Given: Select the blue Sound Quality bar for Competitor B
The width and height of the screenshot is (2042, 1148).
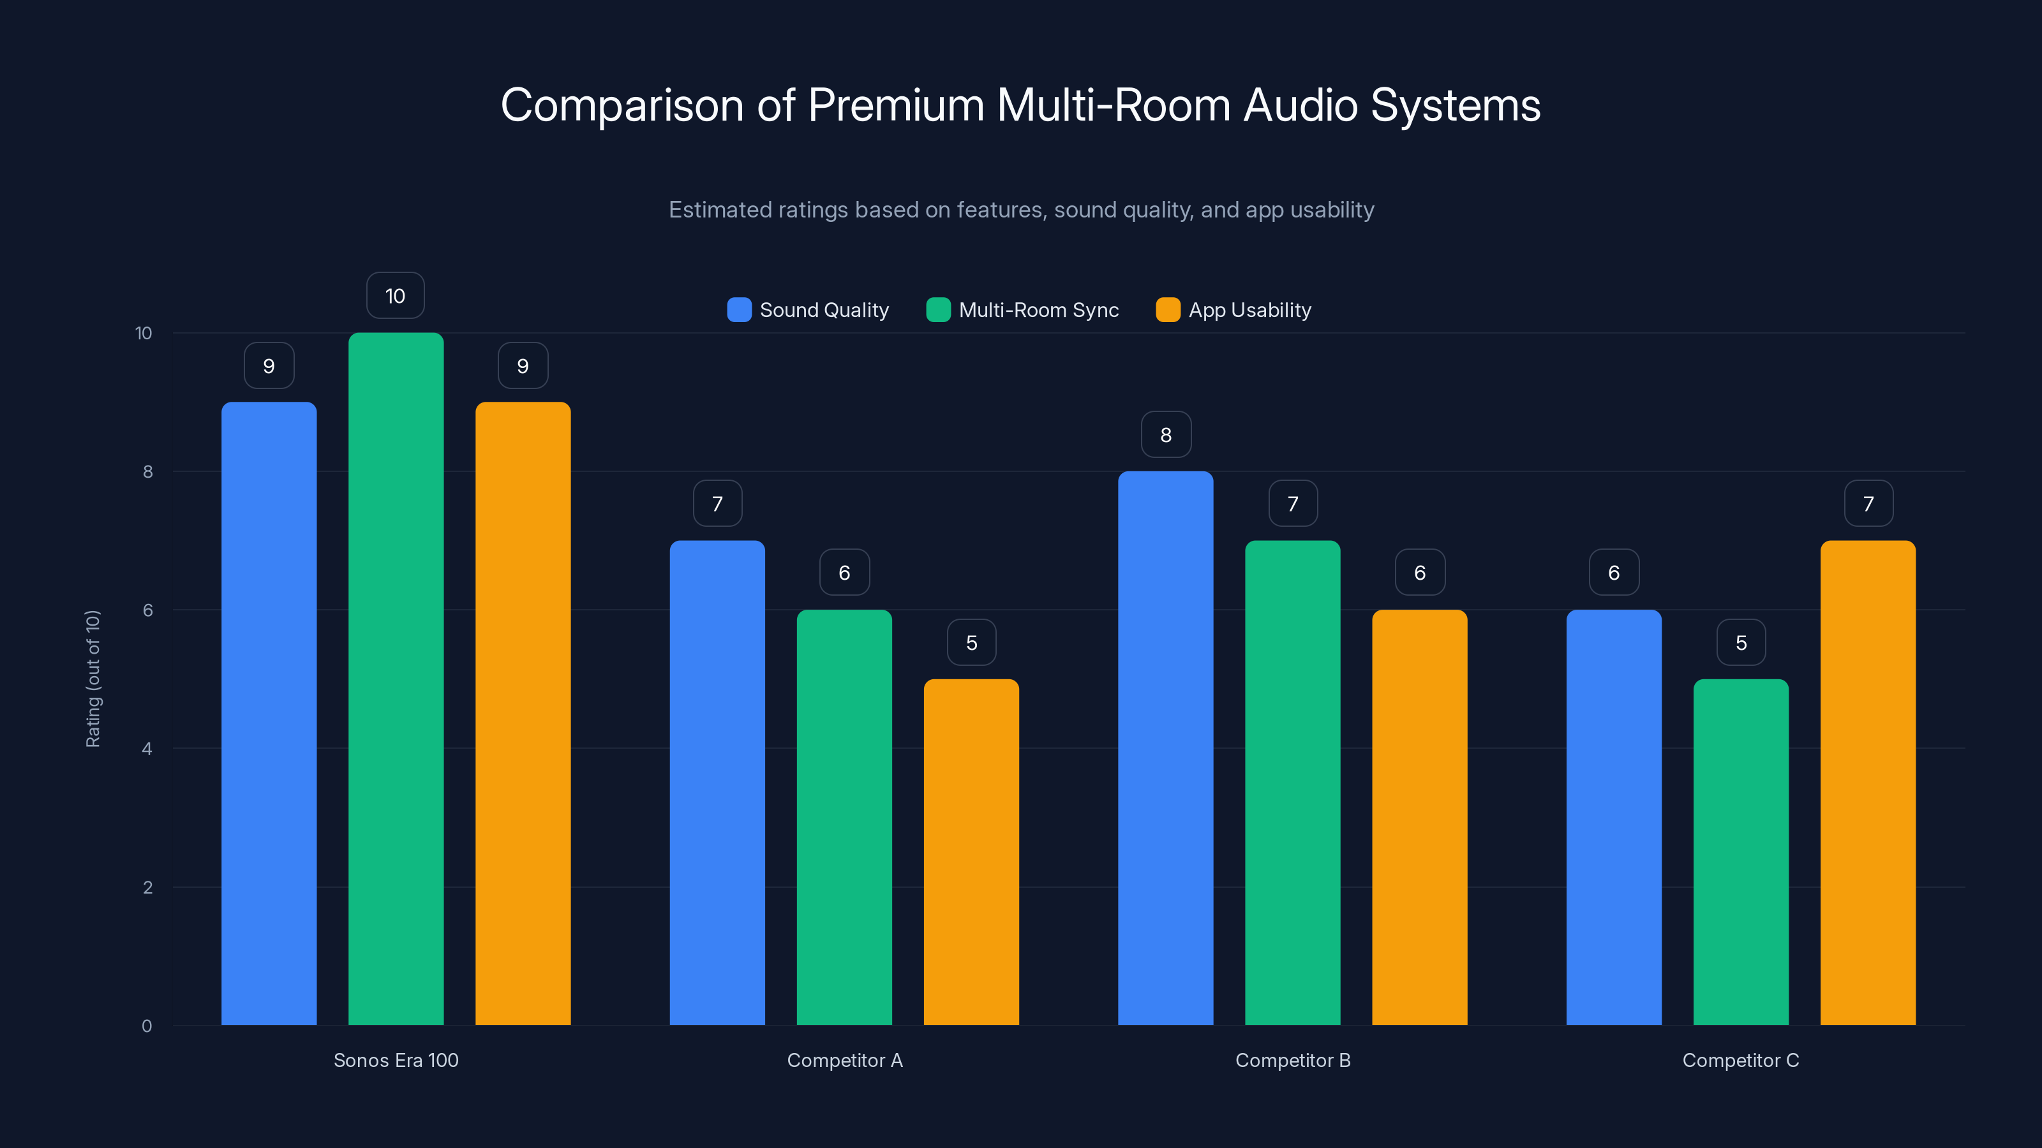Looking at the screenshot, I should point(1165,748).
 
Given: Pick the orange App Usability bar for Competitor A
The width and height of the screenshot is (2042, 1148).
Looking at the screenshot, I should point(971,851).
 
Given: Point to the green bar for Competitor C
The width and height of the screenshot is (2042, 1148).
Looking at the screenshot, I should point(1741,851).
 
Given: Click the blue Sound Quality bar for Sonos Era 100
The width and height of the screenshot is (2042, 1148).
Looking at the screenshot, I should point(269,713).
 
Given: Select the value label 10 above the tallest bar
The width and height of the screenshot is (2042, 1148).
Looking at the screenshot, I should point(396,295).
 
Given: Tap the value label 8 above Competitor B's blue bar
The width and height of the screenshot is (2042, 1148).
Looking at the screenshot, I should point(1165,434).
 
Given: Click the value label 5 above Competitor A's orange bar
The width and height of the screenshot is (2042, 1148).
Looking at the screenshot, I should point(971,642).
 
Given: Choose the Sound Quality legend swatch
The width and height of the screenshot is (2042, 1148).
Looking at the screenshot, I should point(739,310).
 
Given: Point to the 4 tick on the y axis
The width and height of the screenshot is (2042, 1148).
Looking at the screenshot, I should point(147,749).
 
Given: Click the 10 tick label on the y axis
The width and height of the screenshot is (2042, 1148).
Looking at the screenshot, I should point(144,333).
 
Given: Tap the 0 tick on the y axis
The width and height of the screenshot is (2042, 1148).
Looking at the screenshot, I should point(147,1026).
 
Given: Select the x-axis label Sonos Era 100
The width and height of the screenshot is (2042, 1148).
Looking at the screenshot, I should point(396,1060).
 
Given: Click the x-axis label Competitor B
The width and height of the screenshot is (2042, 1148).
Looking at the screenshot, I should point(1292,1060).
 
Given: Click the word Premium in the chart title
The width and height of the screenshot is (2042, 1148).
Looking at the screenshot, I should point(896,105).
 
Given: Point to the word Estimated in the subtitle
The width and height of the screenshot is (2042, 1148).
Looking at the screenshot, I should point(720,209).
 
